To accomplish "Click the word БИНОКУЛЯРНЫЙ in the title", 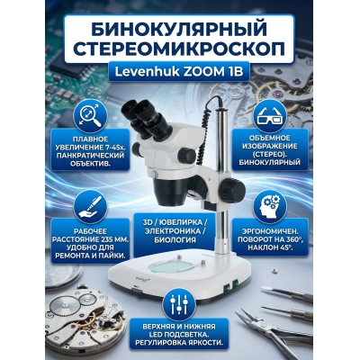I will point(179,18).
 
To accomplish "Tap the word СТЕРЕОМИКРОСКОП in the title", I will point(179,45).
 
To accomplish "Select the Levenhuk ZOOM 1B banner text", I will point(179,72).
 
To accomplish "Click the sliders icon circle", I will point(179,302).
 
